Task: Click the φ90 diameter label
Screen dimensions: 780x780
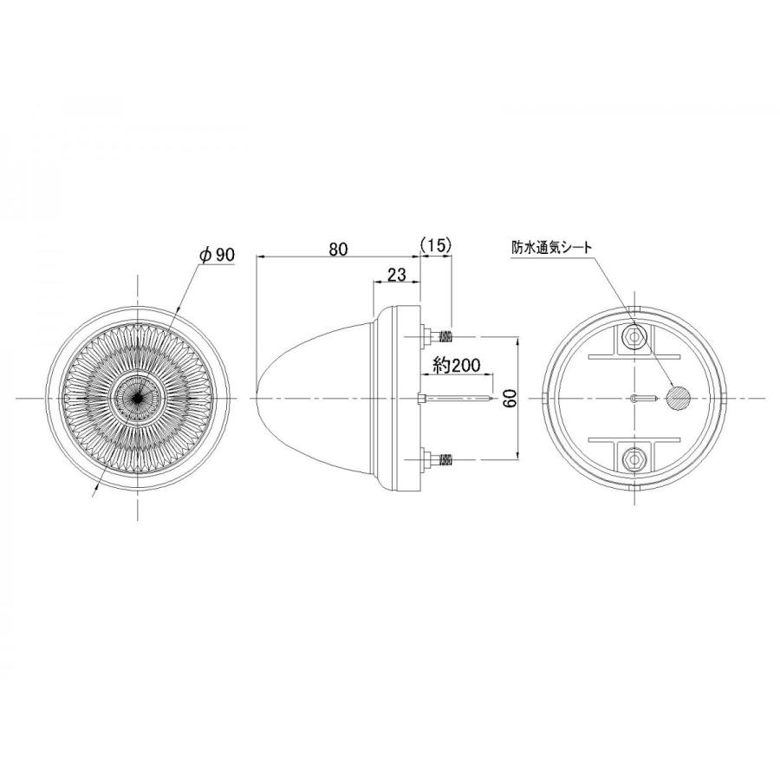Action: tap(217, 254)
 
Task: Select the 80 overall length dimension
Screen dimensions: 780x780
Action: tap(338, 249)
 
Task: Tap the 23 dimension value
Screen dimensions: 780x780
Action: tap(396, 276)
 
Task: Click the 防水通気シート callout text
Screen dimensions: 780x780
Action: tap(551, 248)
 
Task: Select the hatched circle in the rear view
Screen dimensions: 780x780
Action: tap(679, 398)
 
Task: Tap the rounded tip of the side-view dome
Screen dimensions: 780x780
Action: tap(261, 398)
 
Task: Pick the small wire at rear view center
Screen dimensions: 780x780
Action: tap(641, 398)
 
